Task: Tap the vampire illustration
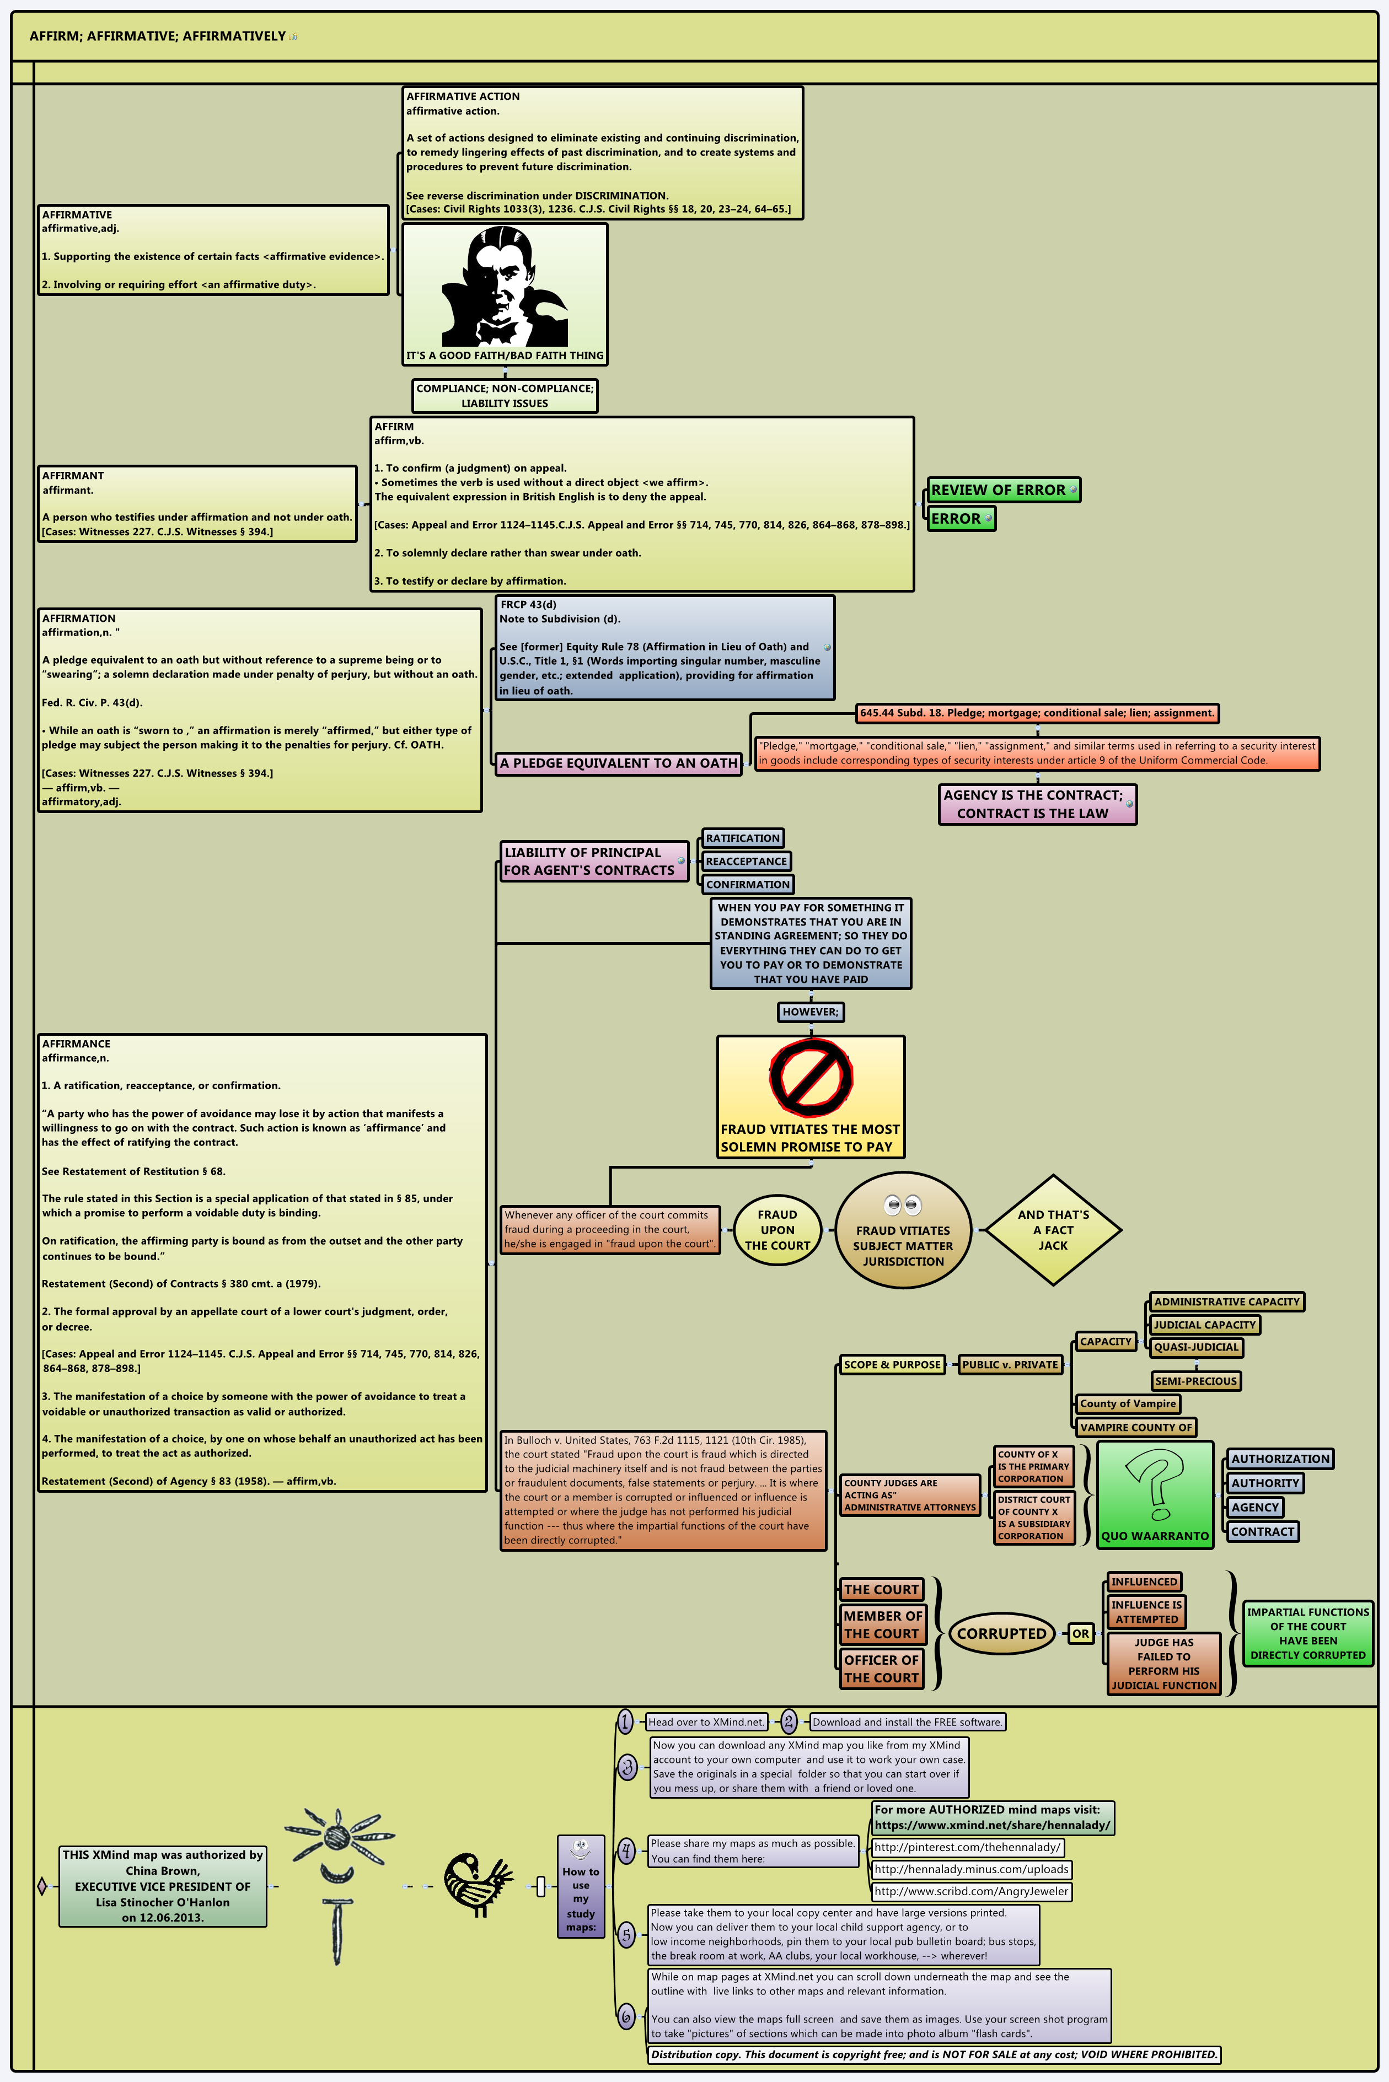point(504,286)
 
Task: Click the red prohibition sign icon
point(811,1077)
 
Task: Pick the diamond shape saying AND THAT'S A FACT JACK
point(1053,1229)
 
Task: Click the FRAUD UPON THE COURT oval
point(777,1229)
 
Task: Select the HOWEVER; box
point(809,1012)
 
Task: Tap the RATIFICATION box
point(742,838)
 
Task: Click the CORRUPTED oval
point(1001,1633)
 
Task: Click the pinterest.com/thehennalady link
point(967,1847)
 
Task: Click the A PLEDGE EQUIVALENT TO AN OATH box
point(618,762)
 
